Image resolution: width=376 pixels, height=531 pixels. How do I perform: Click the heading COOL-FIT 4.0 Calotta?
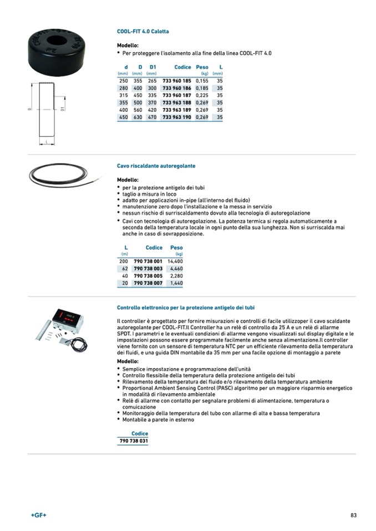tap(143, 32)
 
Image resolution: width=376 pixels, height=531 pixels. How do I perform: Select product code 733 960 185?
tap(176, 81)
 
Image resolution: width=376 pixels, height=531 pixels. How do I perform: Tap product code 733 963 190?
tap(176, 117)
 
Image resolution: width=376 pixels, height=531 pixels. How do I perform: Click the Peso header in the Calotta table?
tap(202, 67)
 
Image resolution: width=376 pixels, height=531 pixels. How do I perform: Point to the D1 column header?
tap(153, 67)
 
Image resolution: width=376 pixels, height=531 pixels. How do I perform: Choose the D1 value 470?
tap(152, 117)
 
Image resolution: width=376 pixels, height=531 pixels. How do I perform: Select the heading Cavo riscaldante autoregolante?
tap(156, 166)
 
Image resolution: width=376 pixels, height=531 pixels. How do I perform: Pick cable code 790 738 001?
tap(148, 261)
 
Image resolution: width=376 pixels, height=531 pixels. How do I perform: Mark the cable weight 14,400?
tap(175, 261)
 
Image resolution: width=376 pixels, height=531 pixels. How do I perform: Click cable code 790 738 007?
tap(148, 283)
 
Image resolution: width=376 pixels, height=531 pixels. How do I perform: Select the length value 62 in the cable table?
tap(125, 268)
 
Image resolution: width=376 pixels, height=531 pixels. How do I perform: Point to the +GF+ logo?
tap(38, 515)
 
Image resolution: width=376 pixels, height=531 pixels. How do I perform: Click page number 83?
tap(353, 515)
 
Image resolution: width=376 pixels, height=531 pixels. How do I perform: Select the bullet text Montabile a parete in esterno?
tap(158, 420)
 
